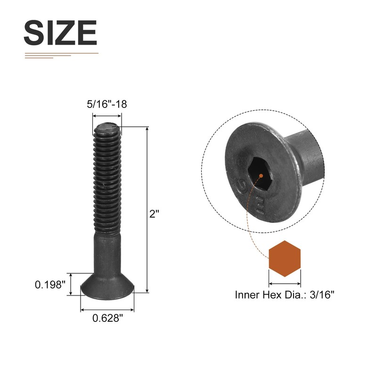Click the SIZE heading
coord(60,33)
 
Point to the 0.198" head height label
coord(49,285)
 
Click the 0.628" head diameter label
coord(107,318)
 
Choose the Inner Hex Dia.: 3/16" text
coord(285,295)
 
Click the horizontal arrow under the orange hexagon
coord(285,284)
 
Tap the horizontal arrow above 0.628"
coord(107,310)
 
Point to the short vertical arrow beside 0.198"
coord(71,284)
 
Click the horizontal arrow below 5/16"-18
coord(107,115)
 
